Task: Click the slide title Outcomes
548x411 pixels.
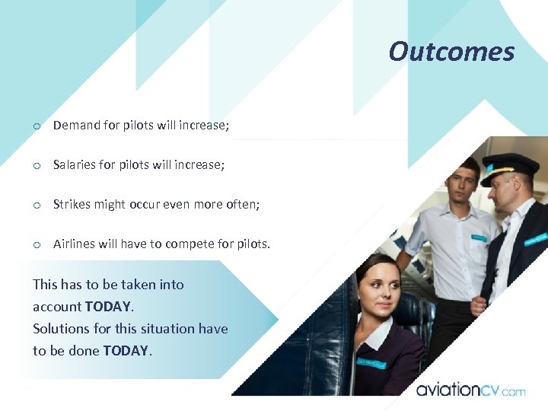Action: click(x=451, y=52)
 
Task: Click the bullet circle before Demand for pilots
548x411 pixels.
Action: click(x=36, y=126)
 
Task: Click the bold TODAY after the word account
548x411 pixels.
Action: click(x=109, y=307)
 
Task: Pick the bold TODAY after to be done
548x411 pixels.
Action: click(x=126, y=351)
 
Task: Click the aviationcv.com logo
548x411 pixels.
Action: click(x=470, y=390)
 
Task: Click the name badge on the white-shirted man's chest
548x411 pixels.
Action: click(x=478, y=237)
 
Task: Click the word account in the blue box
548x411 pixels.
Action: click(x=57, y=307)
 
